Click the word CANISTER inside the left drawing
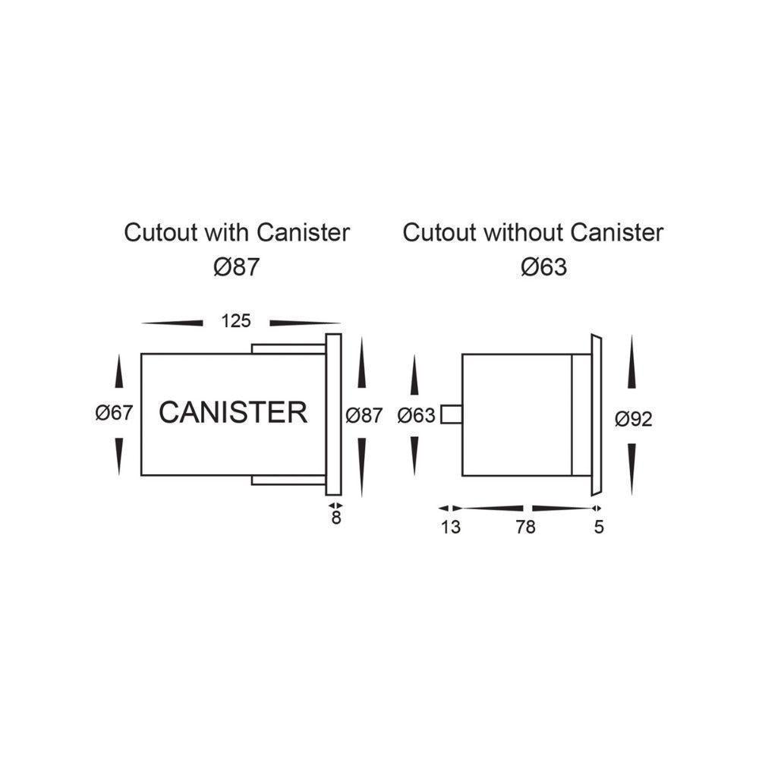point(233,413)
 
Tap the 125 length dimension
point(235,321)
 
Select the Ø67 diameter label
point(114,414)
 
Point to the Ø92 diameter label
point(634,418)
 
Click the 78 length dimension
point(525,527)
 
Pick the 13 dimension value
point(450,527)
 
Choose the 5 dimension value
point(599,527)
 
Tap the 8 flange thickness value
point(335,520)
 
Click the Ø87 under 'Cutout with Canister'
point(236,267)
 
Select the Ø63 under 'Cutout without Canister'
point(544,267)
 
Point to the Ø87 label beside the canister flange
point(364,415)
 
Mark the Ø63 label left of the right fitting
point(416,415)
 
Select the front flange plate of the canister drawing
point(333,414)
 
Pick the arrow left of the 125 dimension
point(172,323)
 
